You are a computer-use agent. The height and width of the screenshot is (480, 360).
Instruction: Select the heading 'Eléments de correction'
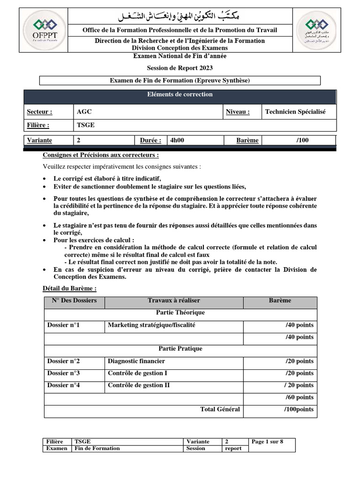[x=180, y=95]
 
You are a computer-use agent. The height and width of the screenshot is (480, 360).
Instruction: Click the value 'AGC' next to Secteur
[x=83, y=112]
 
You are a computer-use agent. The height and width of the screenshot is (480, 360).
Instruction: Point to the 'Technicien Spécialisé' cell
[x=295, y=112]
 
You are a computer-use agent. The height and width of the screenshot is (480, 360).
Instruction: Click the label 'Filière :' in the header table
[x=38, y=126]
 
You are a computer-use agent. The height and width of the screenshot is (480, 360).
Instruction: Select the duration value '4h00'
[x=177, y=140]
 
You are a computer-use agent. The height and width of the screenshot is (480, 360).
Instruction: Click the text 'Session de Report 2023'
[x=180, y=68]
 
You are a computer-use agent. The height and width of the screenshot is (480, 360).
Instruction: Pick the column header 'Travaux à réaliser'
[x=173, y=300]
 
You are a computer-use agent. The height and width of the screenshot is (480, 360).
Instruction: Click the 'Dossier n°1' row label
[x=63, y=325]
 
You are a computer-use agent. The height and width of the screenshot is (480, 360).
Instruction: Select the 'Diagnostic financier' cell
[x=136, y=361]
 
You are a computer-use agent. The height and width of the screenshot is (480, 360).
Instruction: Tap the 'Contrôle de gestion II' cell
[x=139, y=385]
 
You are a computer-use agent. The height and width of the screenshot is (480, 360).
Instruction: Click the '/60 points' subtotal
[x=300, y=397]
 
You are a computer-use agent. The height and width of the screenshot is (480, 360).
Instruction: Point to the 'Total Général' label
[x=220, y=410]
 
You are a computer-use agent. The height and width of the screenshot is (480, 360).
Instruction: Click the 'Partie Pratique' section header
[x=180, y=349]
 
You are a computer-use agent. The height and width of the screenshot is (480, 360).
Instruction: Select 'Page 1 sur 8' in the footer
[x=268, y=442]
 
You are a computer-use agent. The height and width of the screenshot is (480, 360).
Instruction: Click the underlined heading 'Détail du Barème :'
[x=69, y=289]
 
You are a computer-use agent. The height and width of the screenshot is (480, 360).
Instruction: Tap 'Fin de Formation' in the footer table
[x=97, y=449]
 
